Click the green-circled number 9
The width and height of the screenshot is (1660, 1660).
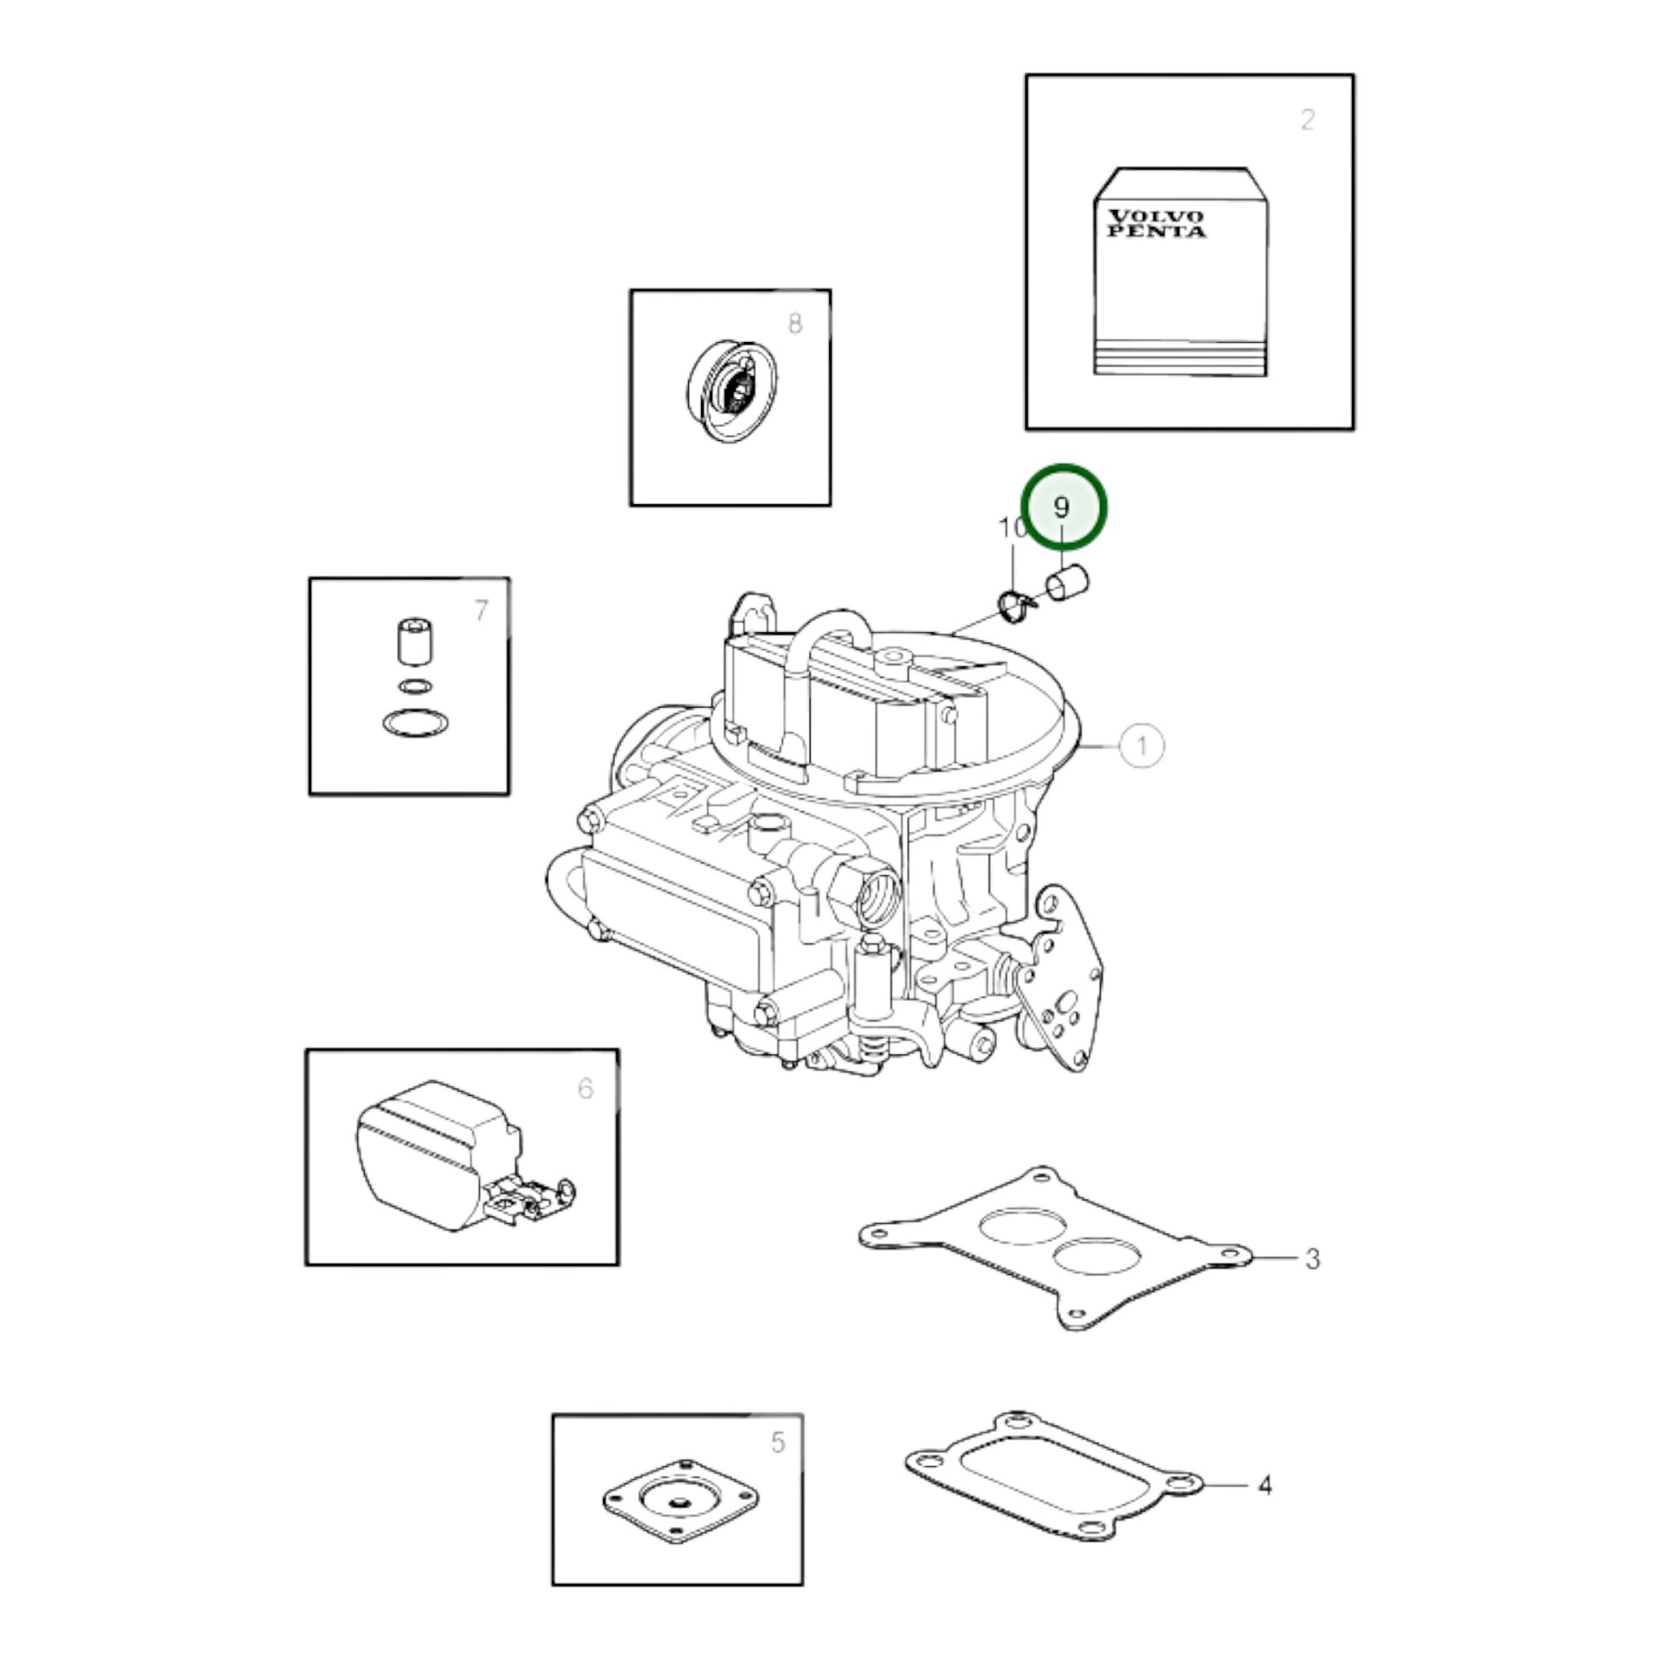(1062, 507)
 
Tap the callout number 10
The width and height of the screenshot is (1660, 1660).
(1013, 527)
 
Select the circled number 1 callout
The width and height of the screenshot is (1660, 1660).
(1141, 746)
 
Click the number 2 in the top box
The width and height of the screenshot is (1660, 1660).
(1307, 119)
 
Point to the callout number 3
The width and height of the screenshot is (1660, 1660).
(1312, 1259)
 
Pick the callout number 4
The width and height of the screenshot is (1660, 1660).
(1264, 1485)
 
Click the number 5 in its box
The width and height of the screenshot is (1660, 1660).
(778, 1442)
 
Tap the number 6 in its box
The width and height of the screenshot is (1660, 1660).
(585, 1088)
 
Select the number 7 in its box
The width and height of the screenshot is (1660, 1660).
(480, 610)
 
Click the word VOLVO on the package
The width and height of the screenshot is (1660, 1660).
(1156, 217)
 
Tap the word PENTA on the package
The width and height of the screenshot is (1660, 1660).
(1157, 231)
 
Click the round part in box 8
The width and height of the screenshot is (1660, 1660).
(732, 391)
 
